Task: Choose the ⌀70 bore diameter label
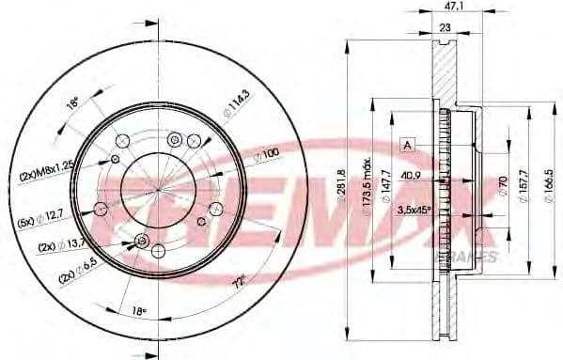504,184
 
